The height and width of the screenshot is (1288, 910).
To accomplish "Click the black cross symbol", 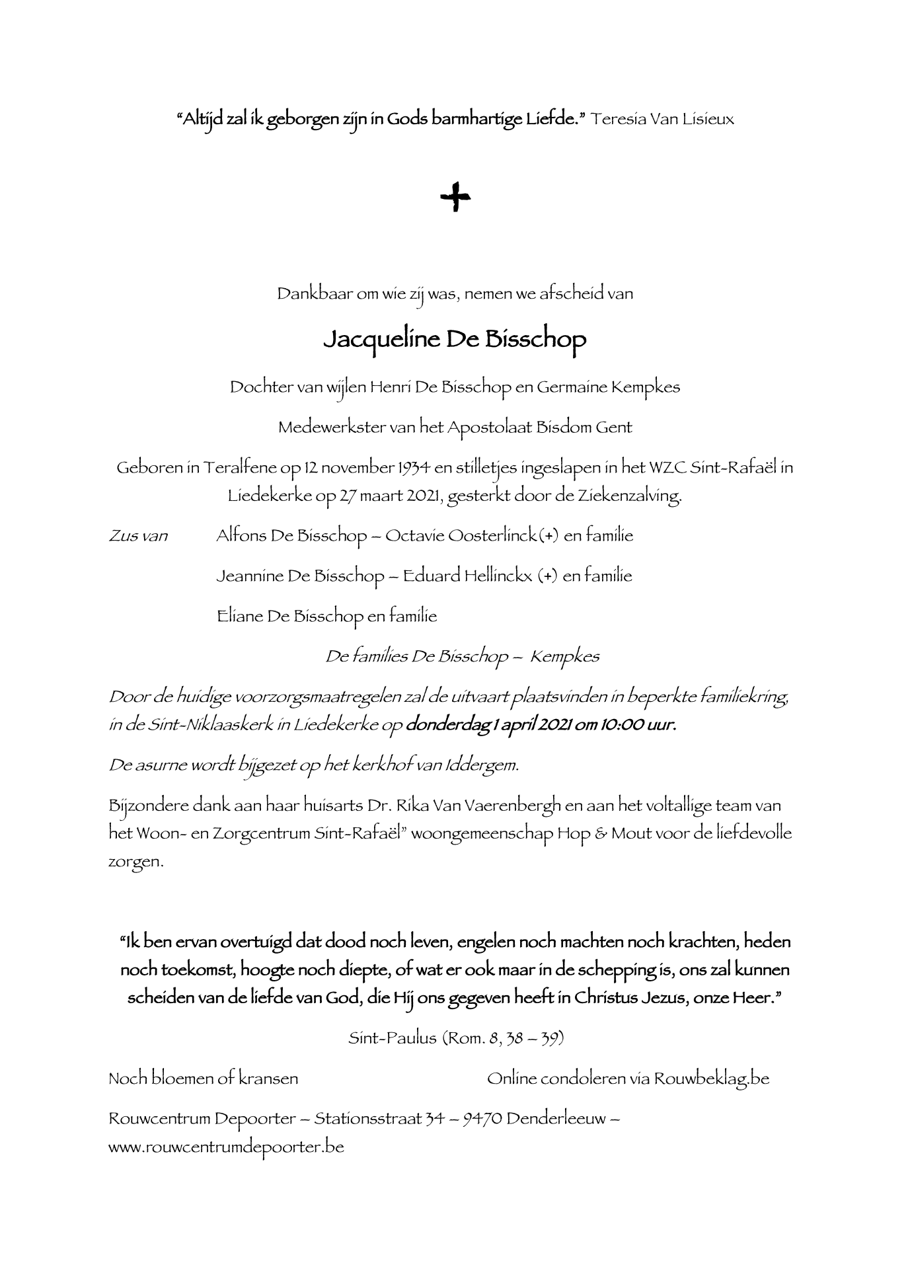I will click(x=455, y=198).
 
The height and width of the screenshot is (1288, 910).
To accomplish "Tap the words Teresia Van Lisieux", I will click(x=663, y=120).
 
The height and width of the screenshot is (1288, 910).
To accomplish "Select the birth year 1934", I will click(x=414, y=468).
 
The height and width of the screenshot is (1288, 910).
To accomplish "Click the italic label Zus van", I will click(x=138, y=535).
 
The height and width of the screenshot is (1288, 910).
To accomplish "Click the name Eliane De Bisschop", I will click(x=289, y=617).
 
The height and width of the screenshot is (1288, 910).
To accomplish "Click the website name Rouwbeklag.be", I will click(x=711, y=1079).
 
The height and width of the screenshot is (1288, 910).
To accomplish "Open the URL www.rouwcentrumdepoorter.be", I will click(x=226, y=1147).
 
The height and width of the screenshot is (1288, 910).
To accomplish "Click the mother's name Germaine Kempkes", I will click(x=608, y=387).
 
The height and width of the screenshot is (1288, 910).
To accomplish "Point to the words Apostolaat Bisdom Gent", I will click(x=539, y=428).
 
